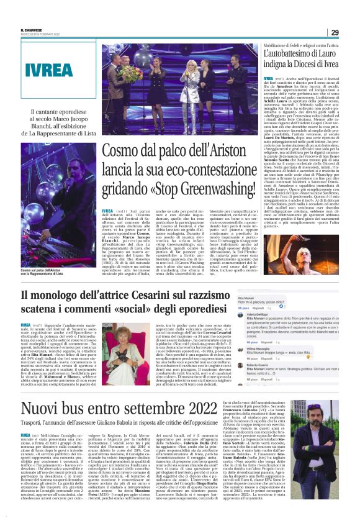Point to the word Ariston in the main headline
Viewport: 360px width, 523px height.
tap(231, 150)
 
